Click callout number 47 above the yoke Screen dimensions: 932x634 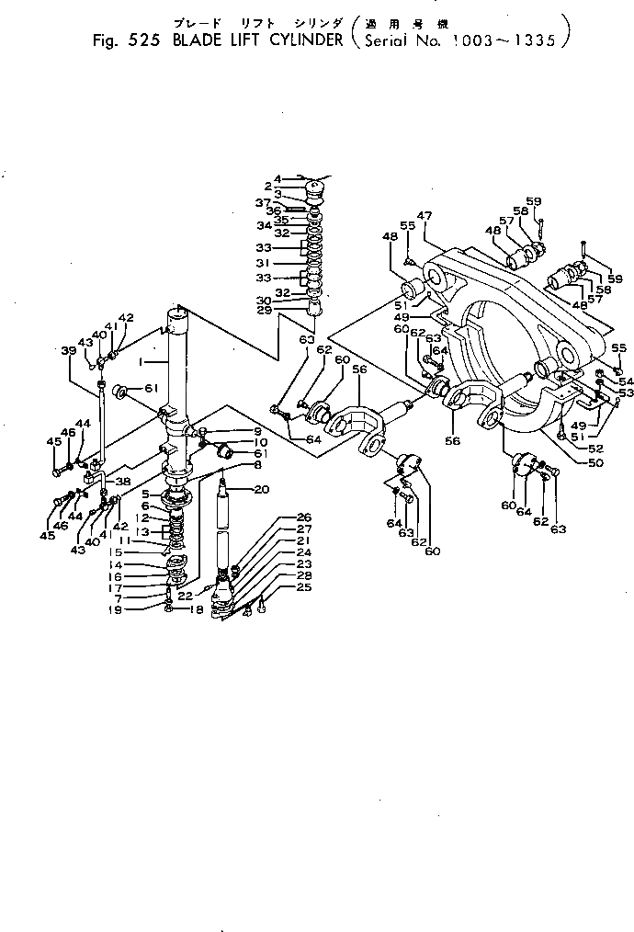pos(425,216)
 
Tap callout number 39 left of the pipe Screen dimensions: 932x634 pos(68,351)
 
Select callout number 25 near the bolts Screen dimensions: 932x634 pos(304,586)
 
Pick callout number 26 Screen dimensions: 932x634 pos(304,517)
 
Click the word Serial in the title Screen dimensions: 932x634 pos(392,40)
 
